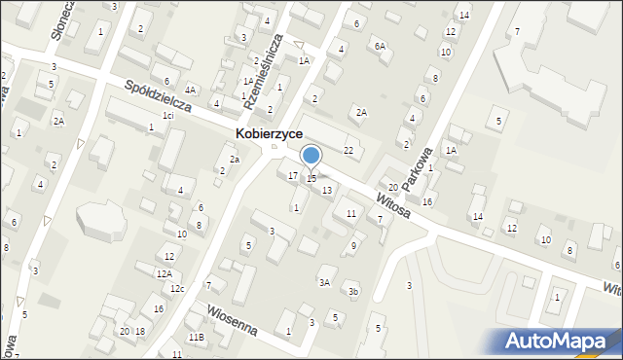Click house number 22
[348, 150]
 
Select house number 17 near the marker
[293, 175]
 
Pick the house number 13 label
[327, 190]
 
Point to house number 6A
[380, 46]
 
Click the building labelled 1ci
[167, 116]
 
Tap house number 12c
[176, 288]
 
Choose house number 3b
[354, 292]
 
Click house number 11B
[196, 337]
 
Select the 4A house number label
[191, 90]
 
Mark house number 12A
[164, 273]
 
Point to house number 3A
[325, 282]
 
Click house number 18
[140, 332]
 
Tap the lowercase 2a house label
[234, 159]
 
